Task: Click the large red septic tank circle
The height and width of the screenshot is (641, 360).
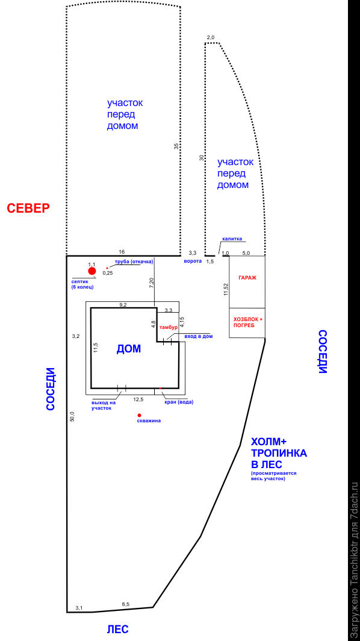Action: click(92, 270)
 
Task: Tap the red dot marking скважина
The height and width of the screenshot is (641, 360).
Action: click(139, 415)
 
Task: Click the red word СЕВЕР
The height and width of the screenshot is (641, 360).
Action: click(28, 208)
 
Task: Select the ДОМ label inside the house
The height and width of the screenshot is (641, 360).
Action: click(129, 349)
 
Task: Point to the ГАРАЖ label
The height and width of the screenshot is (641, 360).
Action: click(247, 277)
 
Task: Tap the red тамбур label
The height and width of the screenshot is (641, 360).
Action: click(169, 327)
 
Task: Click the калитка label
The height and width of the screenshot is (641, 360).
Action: click(232, 239)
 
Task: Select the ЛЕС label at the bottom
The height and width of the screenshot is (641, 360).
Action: click(117, 629)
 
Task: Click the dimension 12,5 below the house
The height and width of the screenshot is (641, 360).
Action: click(139, 399)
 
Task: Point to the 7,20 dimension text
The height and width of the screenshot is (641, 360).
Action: click(152, 283)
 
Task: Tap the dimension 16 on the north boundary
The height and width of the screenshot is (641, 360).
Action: click(122, 252)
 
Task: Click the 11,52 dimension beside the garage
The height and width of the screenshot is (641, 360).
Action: click(226, 289)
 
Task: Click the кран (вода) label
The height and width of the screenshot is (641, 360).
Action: click(179, 402)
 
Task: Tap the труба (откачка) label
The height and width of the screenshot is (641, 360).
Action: click(134, 261)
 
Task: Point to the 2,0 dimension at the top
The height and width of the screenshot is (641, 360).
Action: click(211, 37)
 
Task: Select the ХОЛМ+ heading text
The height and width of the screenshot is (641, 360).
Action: click(269, 442)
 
